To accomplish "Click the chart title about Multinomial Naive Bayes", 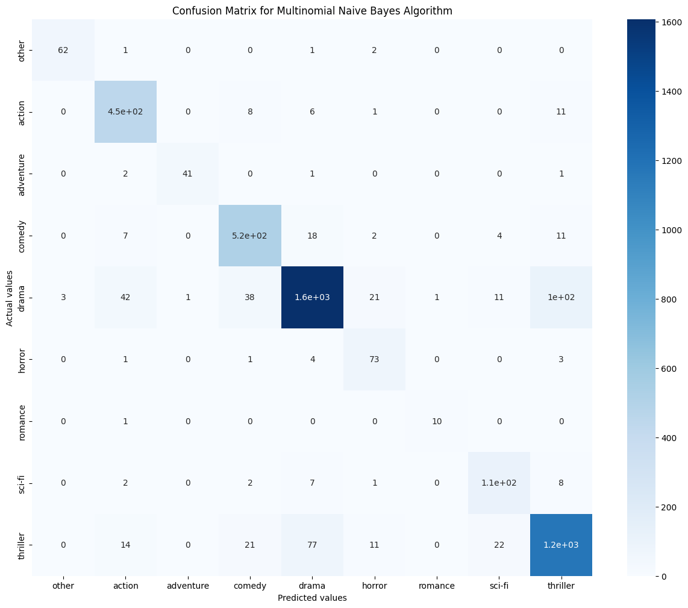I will [x=312, y=11].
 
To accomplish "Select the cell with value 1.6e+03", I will [x=312, y=298].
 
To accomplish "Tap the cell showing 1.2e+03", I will [x=561, y=545].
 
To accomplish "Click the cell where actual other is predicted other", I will [x=63, y=49].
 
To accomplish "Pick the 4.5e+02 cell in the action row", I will [x=125, y=111].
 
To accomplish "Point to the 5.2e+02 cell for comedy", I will [x=250, y=236].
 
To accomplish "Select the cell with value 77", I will [x=312, y=545].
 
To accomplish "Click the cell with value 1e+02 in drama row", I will [x=561, y=298].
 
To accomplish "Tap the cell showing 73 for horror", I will [x=374, y=359].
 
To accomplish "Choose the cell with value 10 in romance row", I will [x=437, y=421].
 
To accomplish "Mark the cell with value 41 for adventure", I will [x=188, y=174].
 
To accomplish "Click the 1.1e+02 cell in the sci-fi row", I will [x=499, y=483].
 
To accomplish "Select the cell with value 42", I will [x=125, y=298].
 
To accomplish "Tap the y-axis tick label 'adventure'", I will [x=22, y=174].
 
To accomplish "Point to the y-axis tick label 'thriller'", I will [x=22, y=545].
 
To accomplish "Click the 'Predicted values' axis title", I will [x=312, y=598].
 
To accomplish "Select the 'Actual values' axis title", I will [x=10, y=298].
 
